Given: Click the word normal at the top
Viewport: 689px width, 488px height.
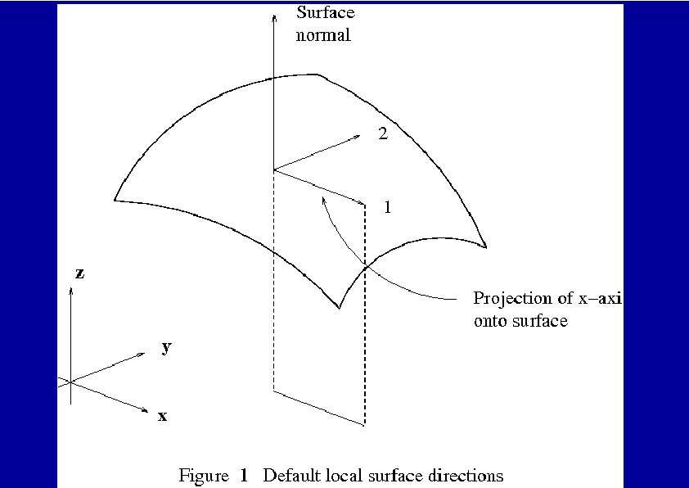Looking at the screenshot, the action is tap(323, 35).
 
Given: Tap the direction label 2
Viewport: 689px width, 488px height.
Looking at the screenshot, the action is tap(382, 134).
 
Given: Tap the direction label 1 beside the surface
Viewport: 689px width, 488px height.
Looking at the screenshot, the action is tap(387, 208).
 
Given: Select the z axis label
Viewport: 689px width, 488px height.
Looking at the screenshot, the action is tap(79, 274).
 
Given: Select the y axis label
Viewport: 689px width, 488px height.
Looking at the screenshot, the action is tap(166, 348).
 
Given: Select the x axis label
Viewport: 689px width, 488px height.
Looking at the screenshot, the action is tap(162, 417).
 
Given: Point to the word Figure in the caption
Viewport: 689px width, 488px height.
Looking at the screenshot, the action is tap(203, 475).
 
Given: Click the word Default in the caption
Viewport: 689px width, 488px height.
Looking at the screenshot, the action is tap(290, 475).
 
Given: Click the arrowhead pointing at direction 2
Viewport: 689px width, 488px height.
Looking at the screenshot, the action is tap(361, 135).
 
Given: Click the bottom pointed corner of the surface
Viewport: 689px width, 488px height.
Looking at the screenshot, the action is tap(339, 307).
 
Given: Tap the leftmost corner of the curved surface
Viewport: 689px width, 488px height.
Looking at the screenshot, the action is tap(115, 199).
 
